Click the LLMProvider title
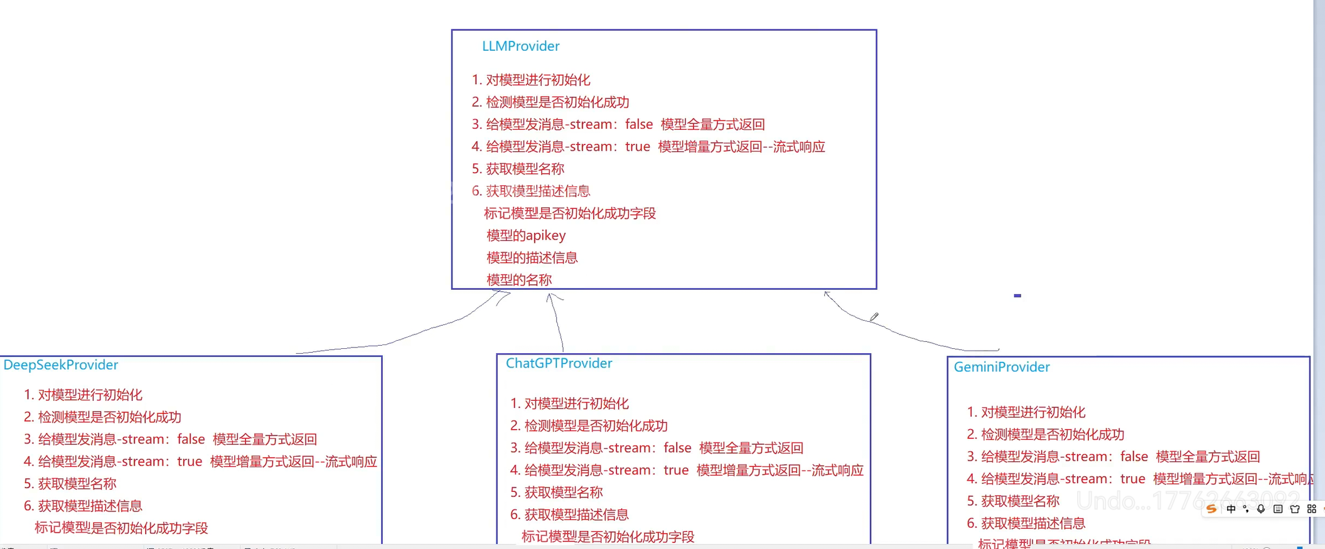(520, 46)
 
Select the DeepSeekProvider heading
(61, 365)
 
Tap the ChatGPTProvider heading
(559, 363)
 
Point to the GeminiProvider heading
(1001, 367)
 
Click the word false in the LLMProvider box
(639, 124)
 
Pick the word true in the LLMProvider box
(637, 147)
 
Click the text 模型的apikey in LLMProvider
(526, 235)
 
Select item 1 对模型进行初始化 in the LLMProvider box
(531, 80)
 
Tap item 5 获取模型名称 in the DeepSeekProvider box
(70, 484)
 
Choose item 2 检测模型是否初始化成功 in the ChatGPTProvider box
(589, 426)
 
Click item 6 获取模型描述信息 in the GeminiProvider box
(1026, 523)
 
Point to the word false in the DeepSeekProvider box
(191, 439)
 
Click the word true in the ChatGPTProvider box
(676, 471)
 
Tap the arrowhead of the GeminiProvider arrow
(827, 294)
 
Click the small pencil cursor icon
(874, 317)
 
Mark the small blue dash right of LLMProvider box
(1017, 296)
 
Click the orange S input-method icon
(1211, 509)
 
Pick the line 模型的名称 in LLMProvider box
(519, 280)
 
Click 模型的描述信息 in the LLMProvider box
(532, 258)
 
